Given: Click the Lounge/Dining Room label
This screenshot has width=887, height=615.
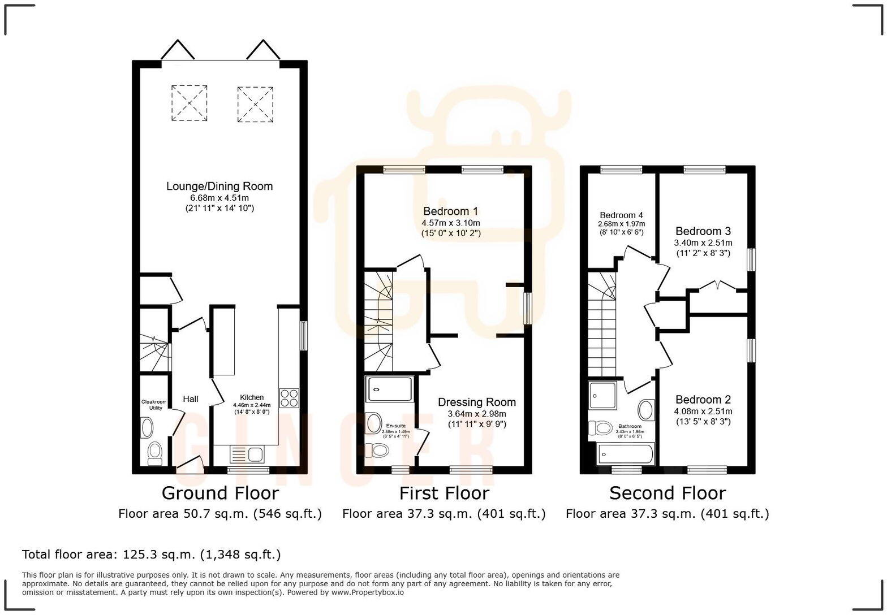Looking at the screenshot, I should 219,187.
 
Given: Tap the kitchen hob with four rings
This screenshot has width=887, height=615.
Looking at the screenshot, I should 289,398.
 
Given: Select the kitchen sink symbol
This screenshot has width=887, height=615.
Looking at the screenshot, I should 247,454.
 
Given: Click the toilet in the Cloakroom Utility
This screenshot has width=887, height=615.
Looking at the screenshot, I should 154,452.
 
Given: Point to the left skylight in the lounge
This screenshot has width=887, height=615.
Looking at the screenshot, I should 189,103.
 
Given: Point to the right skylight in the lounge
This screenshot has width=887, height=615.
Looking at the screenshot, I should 255,105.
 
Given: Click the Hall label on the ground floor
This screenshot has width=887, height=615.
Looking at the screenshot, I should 191,399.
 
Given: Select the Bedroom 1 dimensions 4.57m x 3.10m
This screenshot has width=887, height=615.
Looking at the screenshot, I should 451,223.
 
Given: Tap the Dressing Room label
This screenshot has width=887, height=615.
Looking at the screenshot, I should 477,402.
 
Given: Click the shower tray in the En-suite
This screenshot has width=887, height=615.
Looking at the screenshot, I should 390,389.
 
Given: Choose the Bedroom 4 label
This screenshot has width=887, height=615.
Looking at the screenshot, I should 621,215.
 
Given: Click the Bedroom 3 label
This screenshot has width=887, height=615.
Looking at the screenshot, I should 703,231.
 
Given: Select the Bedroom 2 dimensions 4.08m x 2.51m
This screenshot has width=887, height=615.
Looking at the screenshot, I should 703,412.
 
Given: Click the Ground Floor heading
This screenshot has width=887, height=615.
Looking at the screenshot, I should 220,493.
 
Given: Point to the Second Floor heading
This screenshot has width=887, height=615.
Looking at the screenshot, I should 667,493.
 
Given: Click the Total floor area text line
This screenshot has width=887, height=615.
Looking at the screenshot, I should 151,555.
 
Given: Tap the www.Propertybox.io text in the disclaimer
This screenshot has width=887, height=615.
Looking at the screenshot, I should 367,592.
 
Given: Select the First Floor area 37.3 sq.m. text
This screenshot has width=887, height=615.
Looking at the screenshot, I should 444,514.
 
